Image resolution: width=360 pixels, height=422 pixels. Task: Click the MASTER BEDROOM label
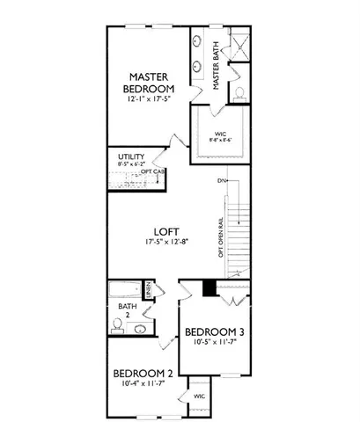151,83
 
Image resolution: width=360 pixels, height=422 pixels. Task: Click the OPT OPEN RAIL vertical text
218,237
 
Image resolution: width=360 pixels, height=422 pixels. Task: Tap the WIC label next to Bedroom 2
200,396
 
